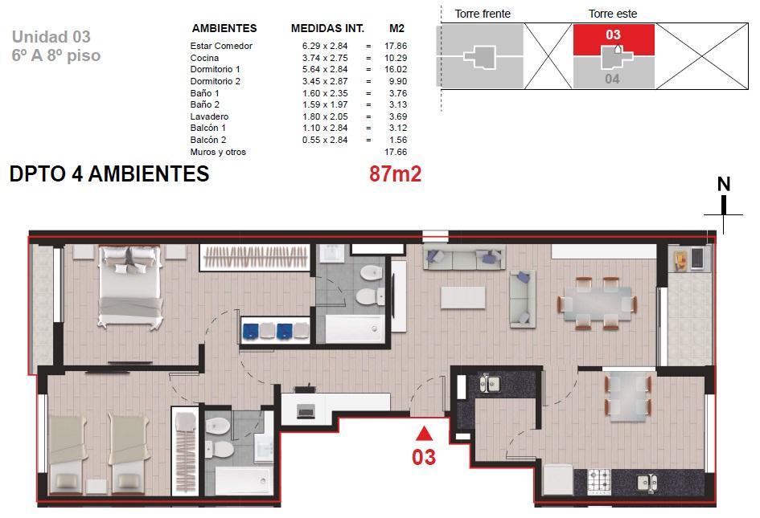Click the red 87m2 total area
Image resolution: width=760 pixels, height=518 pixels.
coord(395,173)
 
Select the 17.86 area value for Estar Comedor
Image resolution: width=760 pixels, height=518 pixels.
coord(396,46)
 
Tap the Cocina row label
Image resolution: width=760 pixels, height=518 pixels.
coord(204,58)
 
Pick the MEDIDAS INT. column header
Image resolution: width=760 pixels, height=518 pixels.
coord(327,29)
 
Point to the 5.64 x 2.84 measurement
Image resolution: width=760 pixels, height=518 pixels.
coord(325,69)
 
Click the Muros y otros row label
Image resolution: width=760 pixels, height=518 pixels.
coord(218,152)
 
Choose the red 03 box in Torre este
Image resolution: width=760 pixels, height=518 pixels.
coord(614,39)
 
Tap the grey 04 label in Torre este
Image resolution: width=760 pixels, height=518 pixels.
coord(612,79)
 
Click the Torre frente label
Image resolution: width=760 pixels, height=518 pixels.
coord(483,14)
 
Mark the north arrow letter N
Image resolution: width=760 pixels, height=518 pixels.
coord(724,185)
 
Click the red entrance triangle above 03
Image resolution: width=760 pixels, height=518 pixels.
coord(424,434)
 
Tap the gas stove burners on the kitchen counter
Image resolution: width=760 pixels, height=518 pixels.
coord(599,482)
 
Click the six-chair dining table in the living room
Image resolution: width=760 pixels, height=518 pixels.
coord(597,304)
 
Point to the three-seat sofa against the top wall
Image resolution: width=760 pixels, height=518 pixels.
coord(464,257)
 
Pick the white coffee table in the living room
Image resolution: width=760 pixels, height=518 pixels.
coord(463,297)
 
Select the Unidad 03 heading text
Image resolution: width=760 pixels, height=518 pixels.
coord(51,37)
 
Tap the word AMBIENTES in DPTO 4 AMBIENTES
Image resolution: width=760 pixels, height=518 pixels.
coord(149,173)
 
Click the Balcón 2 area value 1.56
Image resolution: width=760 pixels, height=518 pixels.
coord(398,140)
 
